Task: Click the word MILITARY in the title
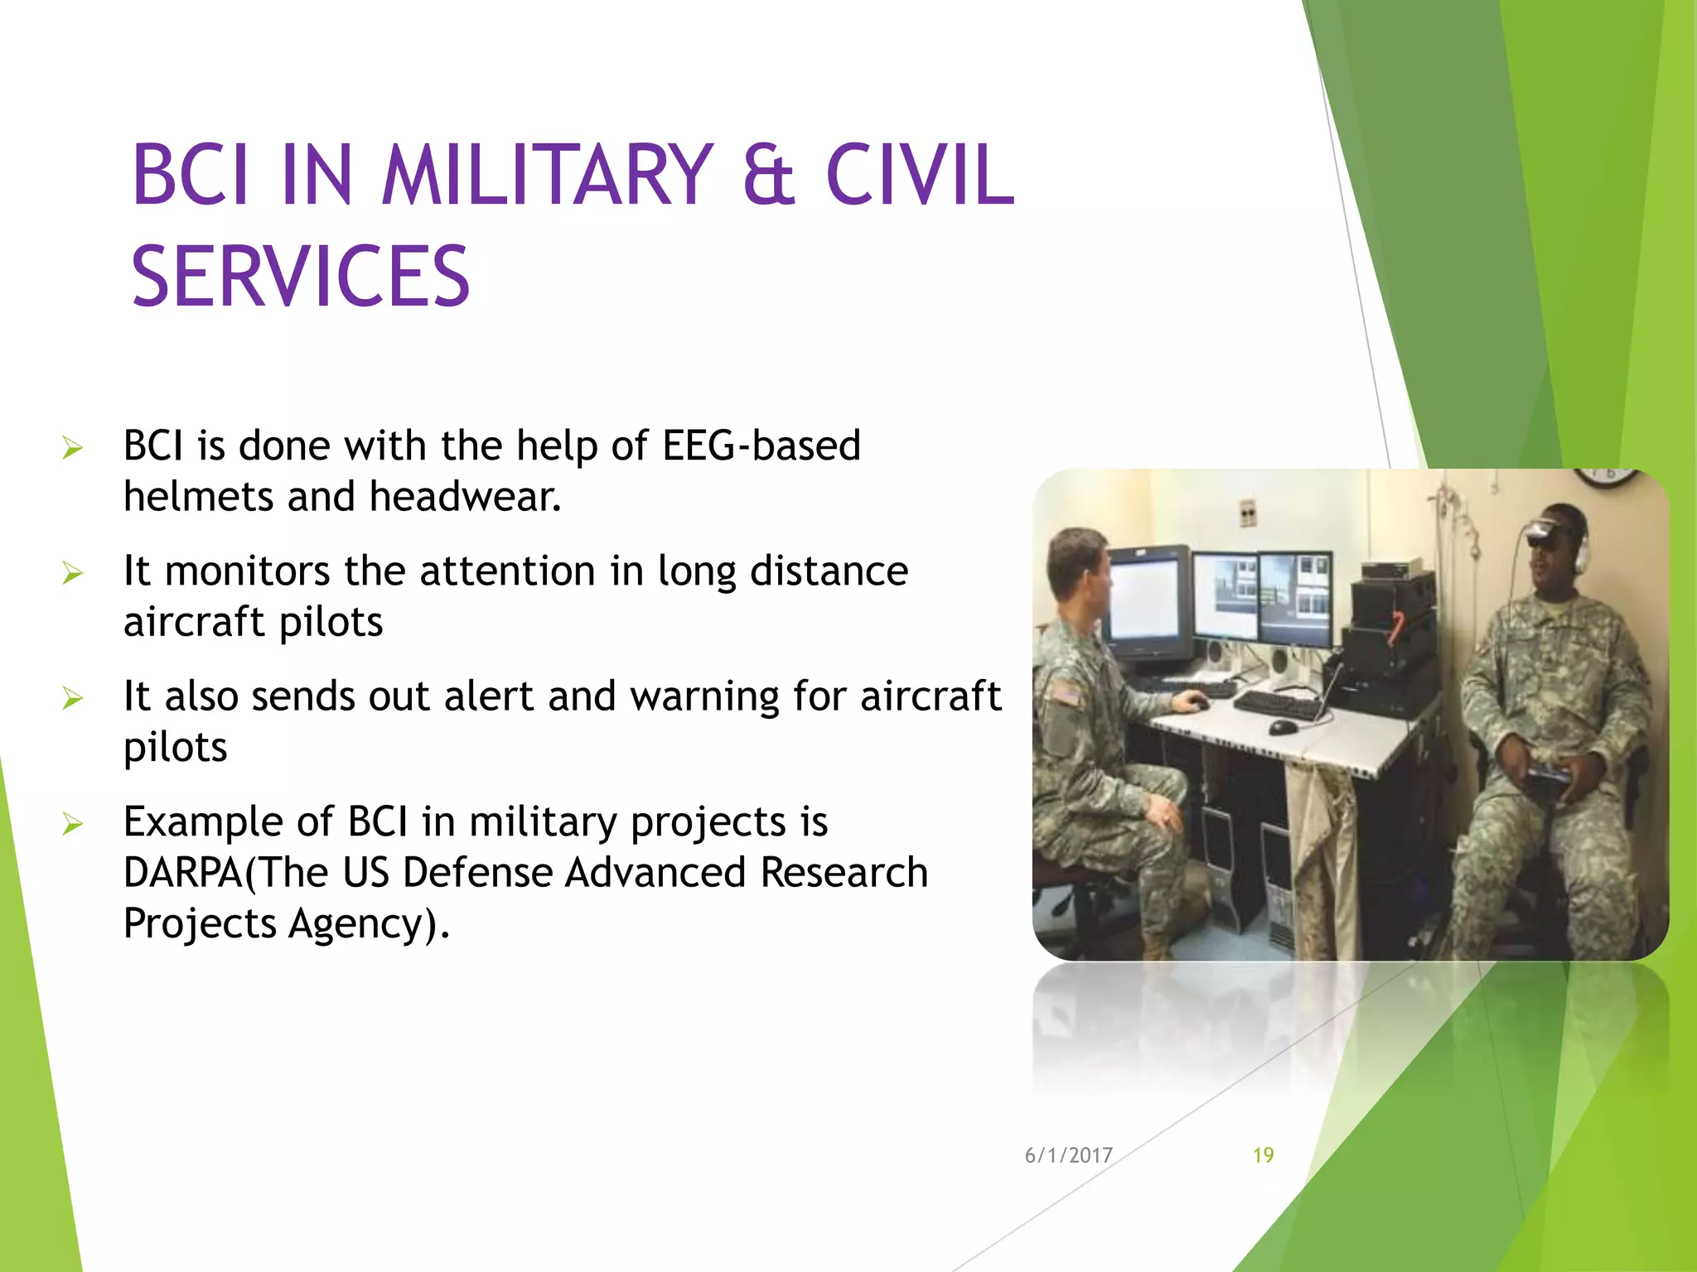click(x=547, y=176)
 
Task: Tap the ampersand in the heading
click(x=769, y=176)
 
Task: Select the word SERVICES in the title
click(x=301, y=277)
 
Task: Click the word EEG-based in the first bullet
click(x=761, y=446)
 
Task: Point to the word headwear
click(x=465, y=497)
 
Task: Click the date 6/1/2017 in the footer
click(x=1068, y=1155)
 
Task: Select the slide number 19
click(x=1263, y=1155)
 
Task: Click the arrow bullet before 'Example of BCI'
click(x=73, y=824)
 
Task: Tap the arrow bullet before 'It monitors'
click(x=73, y=573)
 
